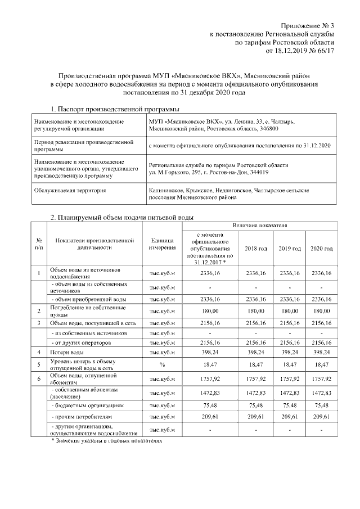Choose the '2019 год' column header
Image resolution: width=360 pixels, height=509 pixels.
[290, 248]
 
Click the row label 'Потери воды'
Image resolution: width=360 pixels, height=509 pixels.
[66, 352]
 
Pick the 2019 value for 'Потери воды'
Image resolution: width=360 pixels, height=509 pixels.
[290, 352]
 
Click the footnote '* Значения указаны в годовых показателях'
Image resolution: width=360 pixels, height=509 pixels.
[106, 441]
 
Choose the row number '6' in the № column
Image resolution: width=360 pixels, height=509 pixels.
[38, 378]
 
